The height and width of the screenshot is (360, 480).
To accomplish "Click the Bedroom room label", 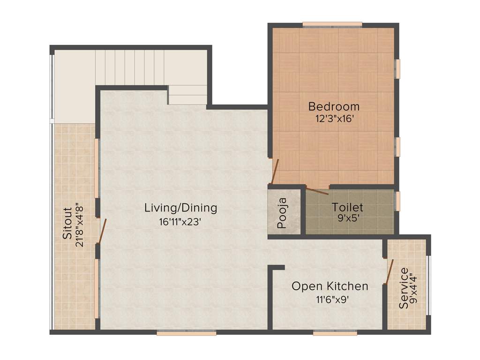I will [x=334, y=106].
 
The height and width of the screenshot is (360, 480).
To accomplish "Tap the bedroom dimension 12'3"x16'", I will [x=334, y=119].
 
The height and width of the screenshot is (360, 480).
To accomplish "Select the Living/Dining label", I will [x=180, y=207].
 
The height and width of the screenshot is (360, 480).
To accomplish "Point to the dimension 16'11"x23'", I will [x=180, y=222].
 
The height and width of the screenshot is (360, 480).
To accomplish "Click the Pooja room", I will [x=283, y=213].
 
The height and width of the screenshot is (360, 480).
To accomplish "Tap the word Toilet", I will [x=347, y=207].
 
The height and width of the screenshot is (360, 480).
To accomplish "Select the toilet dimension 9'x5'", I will [x=347, y=218].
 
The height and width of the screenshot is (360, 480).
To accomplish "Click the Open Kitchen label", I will [x=330, y=286].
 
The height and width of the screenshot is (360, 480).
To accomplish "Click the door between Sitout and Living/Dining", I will [x=102, y=231].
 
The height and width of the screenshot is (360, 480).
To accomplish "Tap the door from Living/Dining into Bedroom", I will [x=275, y=171].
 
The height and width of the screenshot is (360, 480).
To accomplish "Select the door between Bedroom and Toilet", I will [x=317, y=190].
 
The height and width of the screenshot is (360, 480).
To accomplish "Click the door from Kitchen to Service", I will [x=389, y=271].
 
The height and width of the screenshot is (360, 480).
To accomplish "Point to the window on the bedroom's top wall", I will [x=332, y=24].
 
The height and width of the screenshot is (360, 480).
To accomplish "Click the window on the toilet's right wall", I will [x=397, y=201].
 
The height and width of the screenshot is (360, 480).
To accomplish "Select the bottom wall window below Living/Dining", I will [x=186, y=333].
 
